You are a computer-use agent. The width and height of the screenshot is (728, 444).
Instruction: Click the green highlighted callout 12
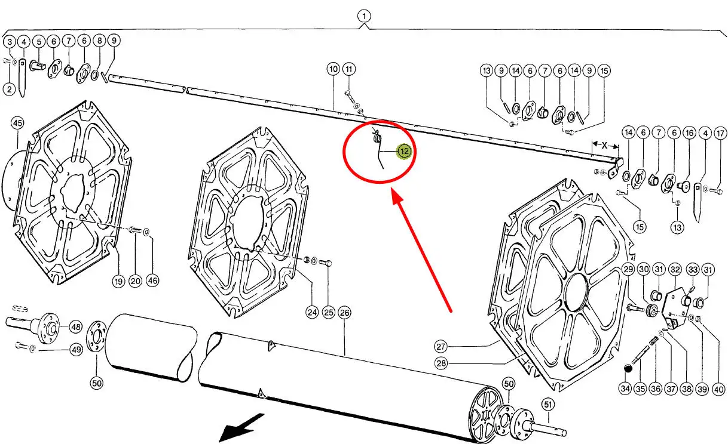point(405,152)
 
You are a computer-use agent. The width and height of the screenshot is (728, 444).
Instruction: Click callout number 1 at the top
point(365,16)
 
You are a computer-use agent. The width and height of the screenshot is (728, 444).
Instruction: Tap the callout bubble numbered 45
point(17,124)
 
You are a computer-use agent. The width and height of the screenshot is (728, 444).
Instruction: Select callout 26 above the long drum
point(344,312)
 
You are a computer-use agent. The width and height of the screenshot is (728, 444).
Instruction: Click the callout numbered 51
point(547,405)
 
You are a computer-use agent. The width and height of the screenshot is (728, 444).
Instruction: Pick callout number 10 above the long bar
point(333,69)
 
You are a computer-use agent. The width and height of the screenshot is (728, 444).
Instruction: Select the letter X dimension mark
point(604,145)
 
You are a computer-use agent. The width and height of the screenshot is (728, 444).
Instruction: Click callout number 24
point(312,312)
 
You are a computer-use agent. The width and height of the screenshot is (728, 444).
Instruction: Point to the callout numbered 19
point(119,282)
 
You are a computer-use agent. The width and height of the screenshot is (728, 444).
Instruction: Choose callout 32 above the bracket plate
point(675,270)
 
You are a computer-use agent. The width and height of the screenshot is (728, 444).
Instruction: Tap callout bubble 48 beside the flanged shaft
point(75,327)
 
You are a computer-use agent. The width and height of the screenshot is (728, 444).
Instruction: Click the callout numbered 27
point(441,347)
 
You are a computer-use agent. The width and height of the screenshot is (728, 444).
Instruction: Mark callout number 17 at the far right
point(720,133)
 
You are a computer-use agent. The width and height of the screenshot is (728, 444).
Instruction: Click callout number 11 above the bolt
point(349,69)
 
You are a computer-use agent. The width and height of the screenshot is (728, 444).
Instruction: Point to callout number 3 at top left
point(9,42)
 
